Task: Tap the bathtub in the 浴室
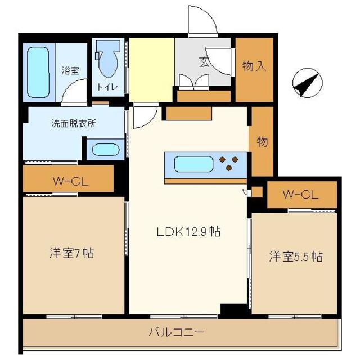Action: pos(38,73)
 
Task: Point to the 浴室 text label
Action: pos(70,71)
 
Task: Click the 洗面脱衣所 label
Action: pos(73,123)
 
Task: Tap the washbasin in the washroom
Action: pos(105,151)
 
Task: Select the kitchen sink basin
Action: pos(194,165)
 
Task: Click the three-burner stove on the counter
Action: pos(231,163)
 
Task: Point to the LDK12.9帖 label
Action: pos(188,231)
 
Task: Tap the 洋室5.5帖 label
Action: pos(295,256)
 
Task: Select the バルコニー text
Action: pos(177,332)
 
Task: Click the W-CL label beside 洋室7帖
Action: pos(69,181)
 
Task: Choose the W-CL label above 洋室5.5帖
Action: pos(300,195)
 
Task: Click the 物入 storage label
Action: pos(254,67)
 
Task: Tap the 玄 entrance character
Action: pos(202,62)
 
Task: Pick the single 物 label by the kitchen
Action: pos(262,142)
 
